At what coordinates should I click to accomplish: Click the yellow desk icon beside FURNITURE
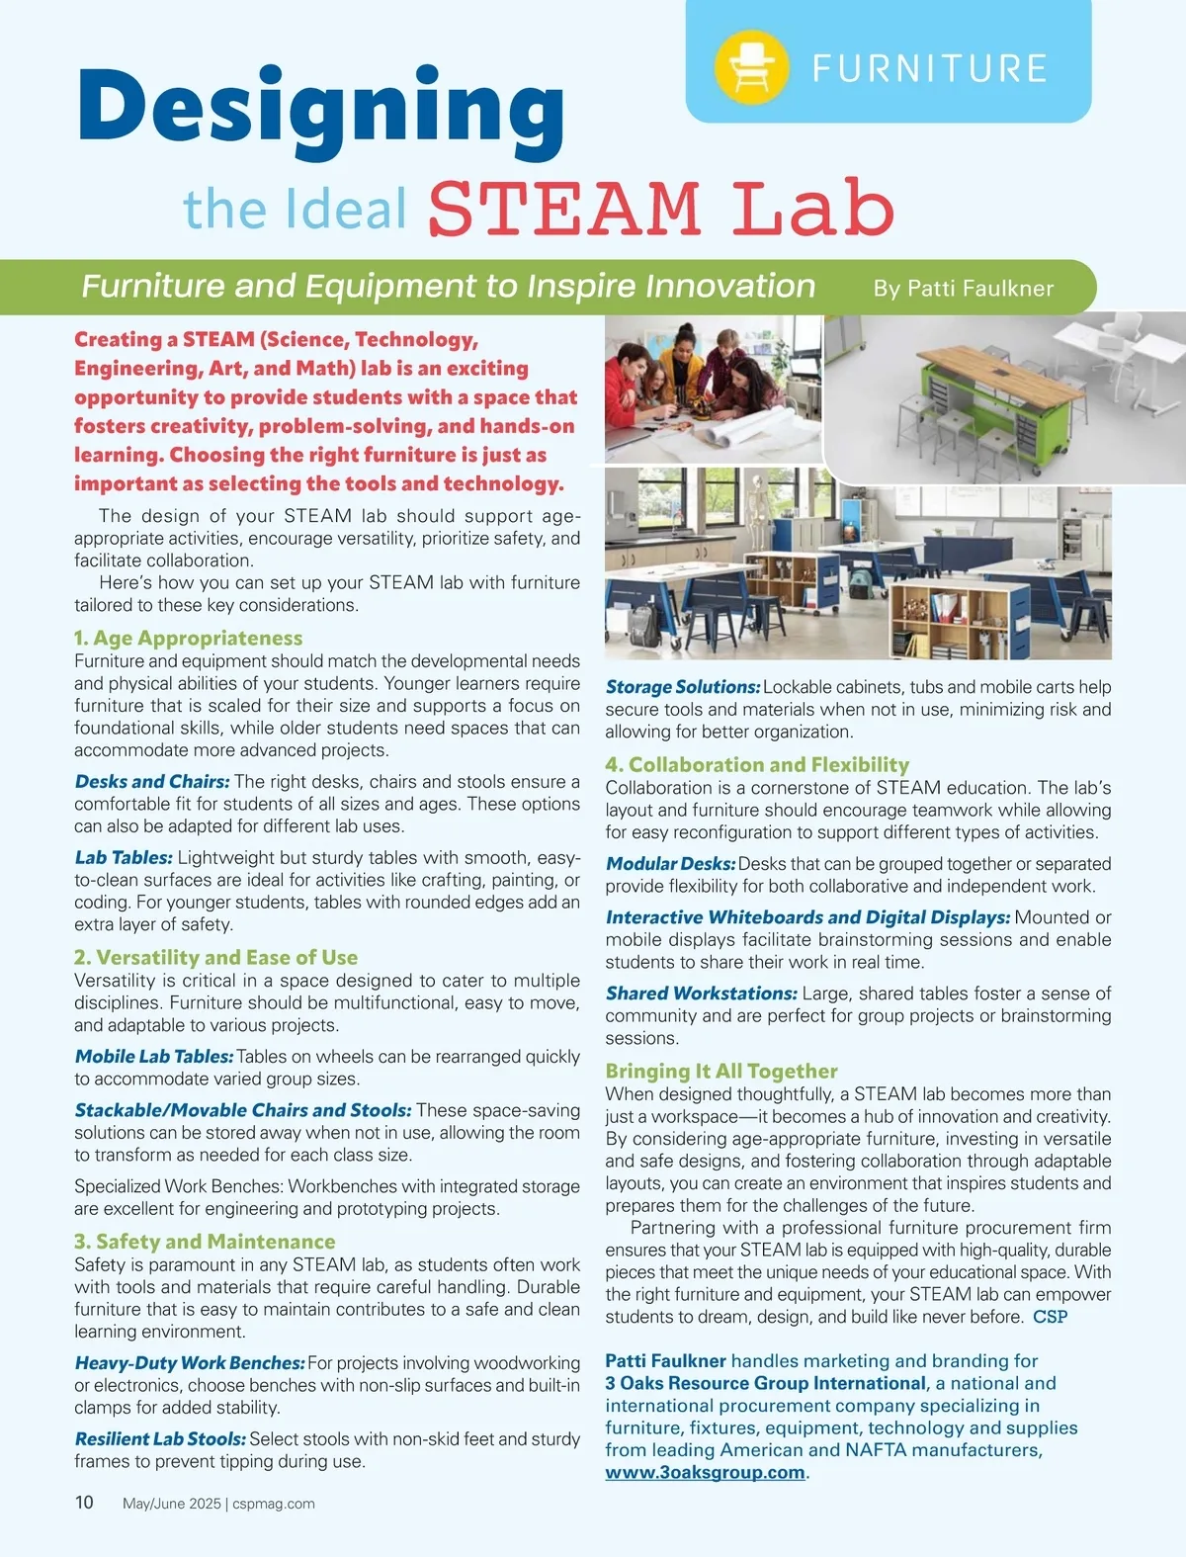751,66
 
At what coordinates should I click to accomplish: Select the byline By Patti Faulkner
963,289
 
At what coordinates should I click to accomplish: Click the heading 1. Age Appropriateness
188,638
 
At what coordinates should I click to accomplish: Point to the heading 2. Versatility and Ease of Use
215,957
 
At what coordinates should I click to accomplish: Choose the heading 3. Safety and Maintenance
205,1241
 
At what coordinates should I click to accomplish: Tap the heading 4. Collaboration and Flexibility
757,764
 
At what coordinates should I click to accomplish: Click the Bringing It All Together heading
721,1071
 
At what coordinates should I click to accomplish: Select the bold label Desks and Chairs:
152,781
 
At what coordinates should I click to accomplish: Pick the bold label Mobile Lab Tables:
154,1056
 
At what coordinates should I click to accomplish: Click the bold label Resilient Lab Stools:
160,1438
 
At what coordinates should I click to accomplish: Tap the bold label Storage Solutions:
683,686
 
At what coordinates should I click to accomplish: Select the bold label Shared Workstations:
701,993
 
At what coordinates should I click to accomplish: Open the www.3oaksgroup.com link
705,1472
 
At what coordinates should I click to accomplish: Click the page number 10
84,1503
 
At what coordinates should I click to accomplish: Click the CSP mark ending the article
1050,1317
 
